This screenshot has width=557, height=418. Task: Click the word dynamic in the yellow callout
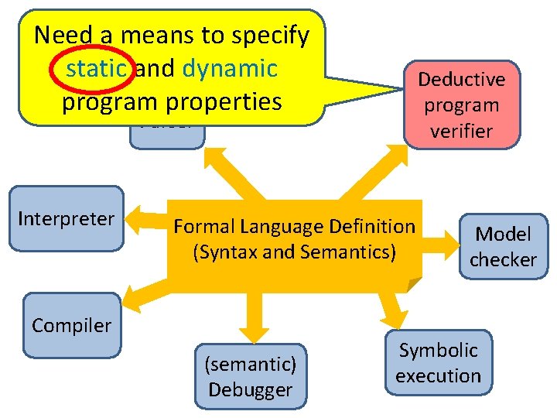(x=230, y=69)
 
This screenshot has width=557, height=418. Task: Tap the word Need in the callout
(x=63, y=35)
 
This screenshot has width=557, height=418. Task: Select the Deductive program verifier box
(x=462, y=104)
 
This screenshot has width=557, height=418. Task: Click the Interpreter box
(x=66, y=218)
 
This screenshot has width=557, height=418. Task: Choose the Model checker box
(x=503, y=246)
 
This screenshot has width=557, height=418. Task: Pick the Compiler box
(x=71, y=325)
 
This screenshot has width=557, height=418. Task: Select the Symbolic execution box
(x=438, y=362)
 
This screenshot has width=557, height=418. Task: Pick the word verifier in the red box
(x=462, y=131)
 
